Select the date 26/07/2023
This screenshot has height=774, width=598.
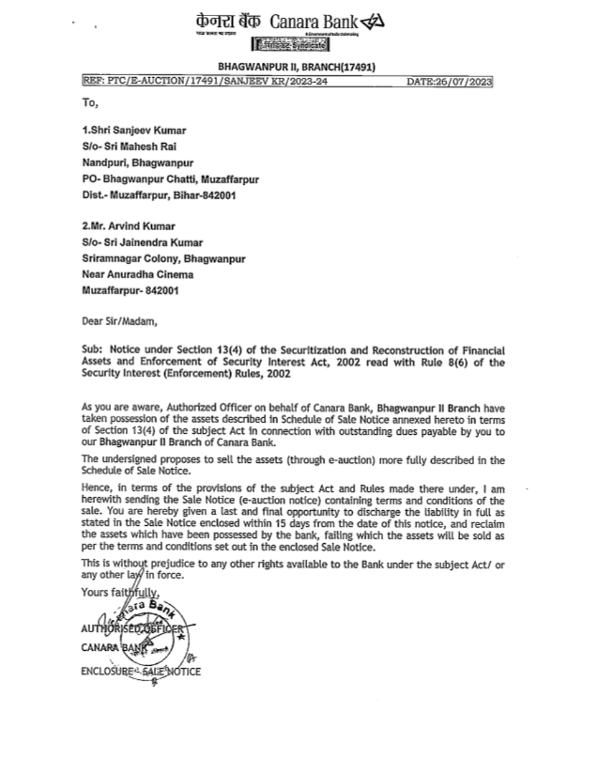point(449,82)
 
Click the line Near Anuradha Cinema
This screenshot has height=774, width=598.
point(138,275)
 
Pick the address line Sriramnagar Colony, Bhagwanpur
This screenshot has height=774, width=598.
point(163,258)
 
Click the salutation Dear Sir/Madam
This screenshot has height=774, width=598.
point(120,321)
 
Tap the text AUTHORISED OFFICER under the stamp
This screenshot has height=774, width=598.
point(133,629)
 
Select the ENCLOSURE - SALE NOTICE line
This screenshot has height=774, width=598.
point(141,671)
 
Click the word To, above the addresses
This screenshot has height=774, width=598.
point(90,102)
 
